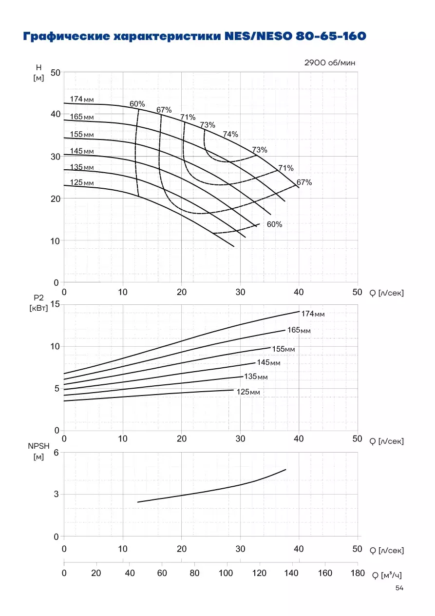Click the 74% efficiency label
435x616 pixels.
click(230, 134)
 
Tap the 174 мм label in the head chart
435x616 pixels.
click(82, 99)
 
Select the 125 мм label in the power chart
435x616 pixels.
click(248, 392)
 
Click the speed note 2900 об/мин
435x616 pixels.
click(330, 63)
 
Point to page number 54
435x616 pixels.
click(399, 588)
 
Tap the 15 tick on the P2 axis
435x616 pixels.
click(55, 304)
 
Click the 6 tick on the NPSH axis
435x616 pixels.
click(57, 453)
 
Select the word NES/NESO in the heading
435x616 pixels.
click(259, 36)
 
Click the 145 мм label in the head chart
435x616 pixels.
click(82, 151)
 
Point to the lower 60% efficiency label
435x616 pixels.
click(274, 224)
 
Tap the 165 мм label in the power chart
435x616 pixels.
click(299, 330)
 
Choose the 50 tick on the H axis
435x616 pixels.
click(55, 73)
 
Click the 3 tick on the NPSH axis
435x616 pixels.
click(57, 494)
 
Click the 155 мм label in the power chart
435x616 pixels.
click(284, 349)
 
